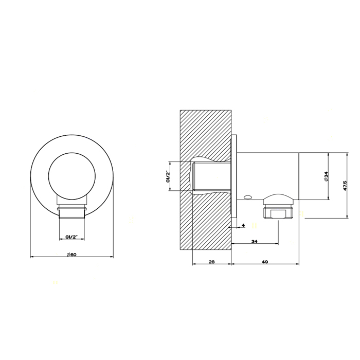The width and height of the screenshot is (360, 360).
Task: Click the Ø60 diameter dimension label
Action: [x=71, y=255]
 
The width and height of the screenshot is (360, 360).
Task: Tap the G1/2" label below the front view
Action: [x=72, y=237]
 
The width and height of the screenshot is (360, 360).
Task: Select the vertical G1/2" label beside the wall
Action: [x=168, y=176]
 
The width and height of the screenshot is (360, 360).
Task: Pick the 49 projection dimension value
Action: [x=265, y=262]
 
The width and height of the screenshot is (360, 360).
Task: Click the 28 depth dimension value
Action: [x=212, y=262]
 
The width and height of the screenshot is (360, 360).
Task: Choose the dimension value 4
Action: [x=243, y=225]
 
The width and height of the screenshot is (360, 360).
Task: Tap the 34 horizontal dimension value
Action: [x=255, y=241]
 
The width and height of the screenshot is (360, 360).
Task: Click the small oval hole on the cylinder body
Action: [x=248, y=196]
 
